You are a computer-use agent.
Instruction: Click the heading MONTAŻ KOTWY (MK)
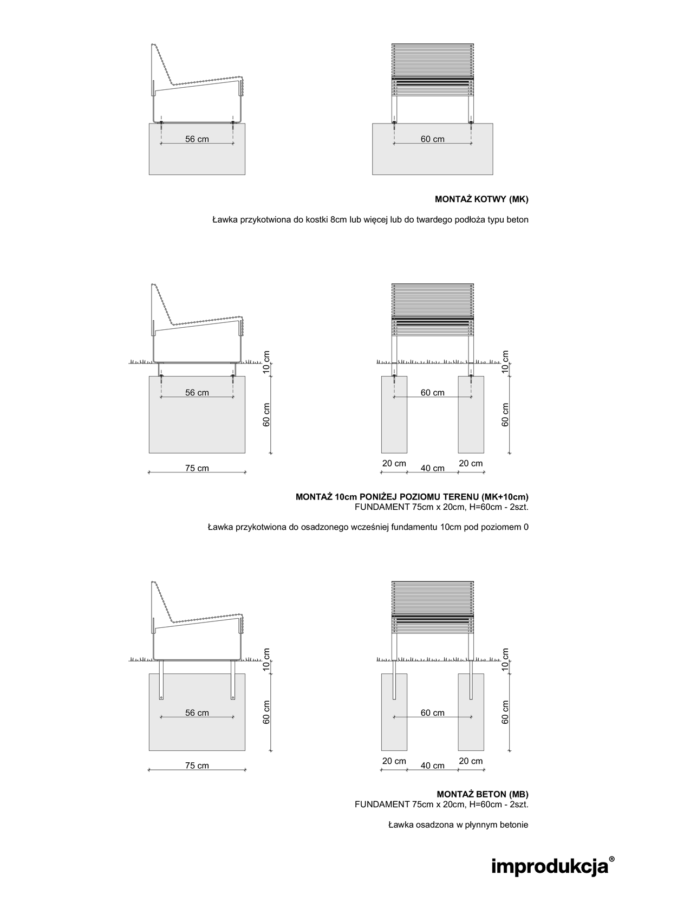click(x=481, y=199)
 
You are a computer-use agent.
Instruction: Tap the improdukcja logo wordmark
click(x=550, y=867)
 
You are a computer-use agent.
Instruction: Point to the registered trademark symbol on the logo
click(x=611, y=859)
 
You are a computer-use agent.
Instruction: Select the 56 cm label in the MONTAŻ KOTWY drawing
click(x=197, y=139)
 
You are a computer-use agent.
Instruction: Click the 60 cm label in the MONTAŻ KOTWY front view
click(x=432, y=139)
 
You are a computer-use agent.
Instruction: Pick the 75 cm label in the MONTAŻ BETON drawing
click(x=197, y=766)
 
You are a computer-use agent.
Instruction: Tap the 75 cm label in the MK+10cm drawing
click(x=197, y=468)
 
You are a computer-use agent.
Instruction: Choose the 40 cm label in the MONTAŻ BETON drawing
click(x=432, y=766)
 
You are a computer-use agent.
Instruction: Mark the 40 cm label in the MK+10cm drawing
click(x=432, y=468)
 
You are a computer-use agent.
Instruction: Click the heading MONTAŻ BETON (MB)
click(x=483, y=794)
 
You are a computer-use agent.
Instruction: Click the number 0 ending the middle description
click(x=526, y=527)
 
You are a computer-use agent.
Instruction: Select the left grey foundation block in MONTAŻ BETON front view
click(x=394, y=712)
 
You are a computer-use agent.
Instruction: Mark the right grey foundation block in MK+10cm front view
click(x=471, y=414)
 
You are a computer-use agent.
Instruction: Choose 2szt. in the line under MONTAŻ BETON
click(x=519, y=805)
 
